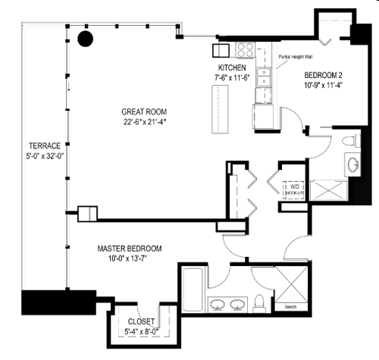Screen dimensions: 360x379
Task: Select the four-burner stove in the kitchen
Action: (x=246, y=50)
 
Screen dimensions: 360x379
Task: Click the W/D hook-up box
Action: (x=294, y=189)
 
